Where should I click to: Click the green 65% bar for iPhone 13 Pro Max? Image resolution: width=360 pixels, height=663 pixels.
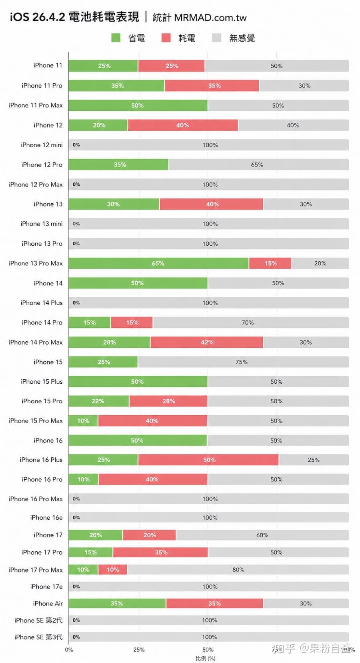(158, 263)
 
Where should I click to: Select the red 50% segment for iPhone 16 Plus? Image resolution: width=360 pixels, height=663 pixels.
(208, 460)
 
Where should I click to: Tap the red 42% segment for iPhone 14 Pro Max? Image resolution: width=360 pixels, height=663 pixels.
(207, 342)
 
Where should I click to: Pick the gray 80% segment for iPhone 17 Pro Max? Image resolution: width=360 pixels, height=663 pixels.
(238, 569)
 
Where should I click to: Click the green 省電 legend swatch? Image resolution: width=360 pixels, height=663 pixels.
(116, 38)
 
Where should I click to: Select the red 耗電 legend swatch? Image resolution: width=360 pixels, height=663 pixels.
(166, 38)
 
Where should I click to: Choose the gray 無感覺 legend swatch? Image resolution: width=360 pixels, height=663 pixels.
(216, 38)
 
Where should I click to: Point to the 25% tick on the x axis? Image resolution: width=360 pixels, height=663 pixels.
(139, 649)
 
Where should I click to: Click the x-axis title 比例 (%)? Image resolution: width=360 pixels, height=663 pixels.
(206, 658)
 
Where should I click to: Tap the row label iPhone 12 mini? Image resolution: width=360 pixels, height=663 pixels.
(42, 145)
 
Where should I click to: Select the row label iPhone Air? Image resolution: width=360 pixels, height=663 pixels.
(48, 603)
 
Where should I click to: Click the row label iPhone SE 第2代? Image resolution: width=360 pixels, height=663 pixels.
(38, 620)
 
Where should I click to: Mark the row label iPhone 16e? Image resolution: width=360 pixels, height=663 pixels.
(46, 517)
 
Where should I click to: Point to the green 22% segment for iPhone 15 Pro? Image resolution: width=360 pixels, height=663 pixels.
(98, 401)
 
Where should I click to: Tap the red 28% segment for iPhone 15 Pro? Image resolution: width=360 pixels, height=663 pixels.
(168, 401)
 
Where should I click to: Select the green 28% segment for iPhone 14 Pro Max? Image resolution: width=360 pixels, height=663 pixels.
(109, 342)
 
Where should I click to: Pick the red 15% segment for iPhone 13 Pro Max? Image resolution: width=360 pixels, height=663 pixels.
(270, 263)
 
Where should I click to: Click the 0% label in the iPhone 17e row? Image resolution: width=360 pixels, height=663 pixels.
(76, 587)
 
